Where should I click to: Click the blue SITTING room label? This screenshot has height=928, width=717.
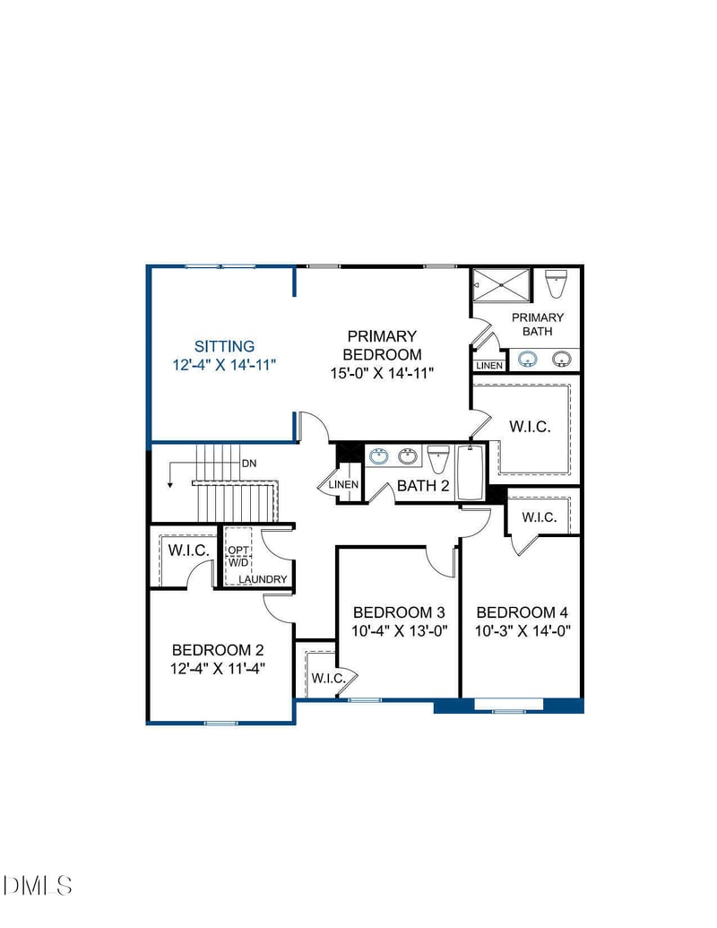pyautogui.click(x=225, y=345)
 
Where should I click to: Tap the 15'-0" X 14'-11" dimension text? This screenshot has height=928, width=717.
pyautogui.click(x=382, y=372)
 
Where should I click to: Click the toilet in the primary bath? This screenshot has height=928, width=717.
pyautogui.click(x=556, y=284)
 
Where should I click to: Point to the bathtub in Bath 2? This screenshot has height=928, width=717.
pyautogui.click(x=471, y=473)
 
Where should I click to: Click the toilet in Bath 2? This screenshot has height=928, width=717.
pyautogui.click(x=437, y=459)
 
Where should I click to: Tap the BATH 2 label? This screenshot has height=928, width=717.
pyautogui.click(x=423, y=486)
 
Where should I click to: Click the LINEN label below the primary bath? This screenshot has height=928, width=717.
pyautogui.click(x=489, y=366)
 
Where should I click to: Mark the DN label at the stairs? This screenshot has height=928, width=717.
pyautogui.click(x=250, y=464)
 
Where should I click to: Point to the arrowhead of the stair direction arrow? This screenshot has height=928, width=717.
pyautogui.click(x=169, y=485)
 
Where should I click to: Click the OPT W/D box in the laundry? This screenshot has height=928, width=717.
pyautogui.click(x=238, y=556)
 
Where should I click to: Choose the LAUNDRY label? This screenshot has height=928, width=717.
pyautogui.click(x=263, y=579)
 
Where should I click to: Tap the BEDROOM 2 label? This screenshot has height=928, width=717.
pyautogui.click(x=218, y=650)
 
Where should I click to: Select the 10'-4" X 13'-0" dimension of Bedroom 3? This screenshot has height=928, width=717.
pyautogui.click(x=400, y=630)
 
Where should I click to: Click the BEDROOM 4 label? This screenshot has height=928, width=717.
pyautogui.click(x=523, y=612)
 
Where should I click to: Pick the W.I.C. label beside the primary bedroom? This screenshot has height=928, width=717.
pyautogui.click(x=531, y=427)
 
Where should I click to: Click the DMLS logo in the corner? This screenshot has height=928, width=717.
pyautogui.click(x=38, y=886)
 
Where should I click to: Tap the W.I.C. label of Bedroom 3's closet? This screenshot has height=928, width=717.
pyautogui.click(x=328, y=678)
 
